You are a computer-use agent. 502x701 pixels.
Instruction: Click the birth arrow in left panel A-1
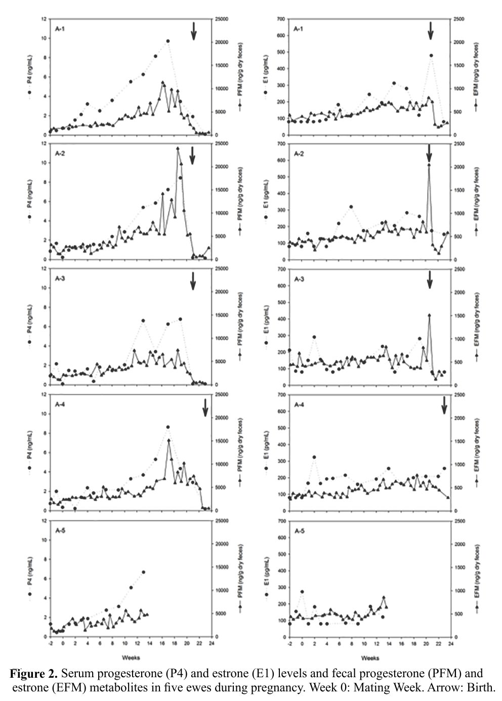coord(193,31)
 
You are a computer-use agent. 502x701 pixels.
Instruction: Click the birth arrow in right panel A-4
coord(445,405)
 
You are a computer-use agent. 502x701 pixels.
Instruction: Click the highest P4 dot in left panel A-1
coord(168,41)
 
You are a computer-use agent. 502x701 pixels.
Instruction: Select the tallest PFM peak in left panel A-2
coord(178,148)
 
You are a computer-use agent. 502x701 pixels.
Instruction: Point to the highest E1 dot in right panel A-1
coord(431,56)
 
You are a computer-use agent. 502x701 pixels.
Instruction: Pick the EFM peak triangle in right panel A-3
coord(429,315)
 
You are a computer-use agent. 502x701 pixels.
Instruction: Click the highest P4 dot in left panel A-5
coord(143,572)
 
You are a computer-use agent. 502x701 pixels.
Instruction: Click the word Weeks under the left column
coord(131,657)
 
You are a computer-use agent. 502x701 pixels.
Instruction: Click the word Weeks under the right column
coord(370,657)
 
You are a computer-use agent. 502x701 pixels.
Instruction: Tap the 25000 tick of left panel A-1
coord(222,19)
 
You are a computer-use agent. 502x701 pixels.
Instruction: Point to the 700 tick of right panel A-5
coord(278,521)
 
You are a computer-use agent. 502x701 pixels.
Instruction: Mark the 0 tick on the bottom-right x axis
coord(302,644)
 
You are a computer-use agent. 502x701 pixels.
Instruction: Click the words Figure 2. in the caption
coord(33,674)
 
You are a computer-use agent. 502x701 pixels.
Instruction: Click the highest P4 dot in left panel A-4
coord(168,427)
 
